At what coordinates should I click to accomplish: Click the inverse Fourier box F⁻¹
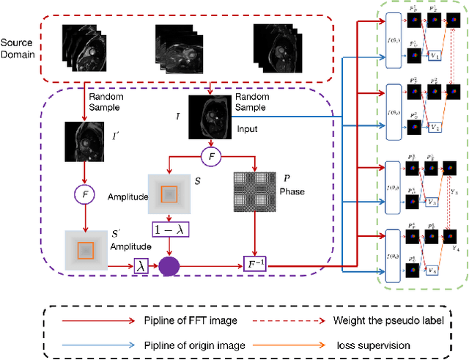pos(254,262)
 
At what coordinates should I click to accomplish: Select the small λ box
pos(141,267)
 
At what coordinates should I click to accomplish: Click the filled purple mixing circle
pos(169,265)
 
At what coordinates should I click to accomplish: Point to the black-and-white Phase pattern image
pos(254,194)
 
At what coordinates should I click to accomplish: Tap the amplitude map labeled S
pos(169,194)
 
